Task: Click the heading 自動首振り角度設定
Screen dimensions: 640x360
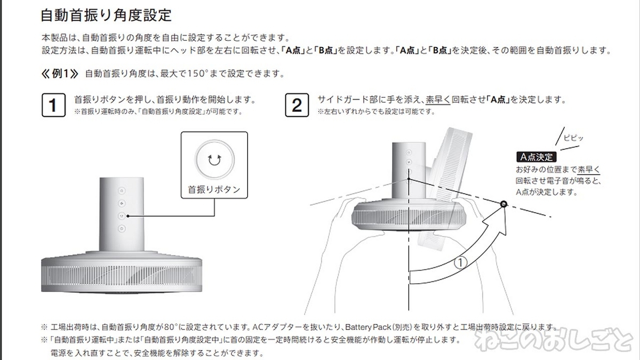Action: click(106, 15)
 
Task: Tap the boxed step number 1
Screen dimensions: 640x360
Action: click(53, 105)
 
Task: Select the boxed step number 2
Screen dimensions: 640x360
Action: click(297, 105)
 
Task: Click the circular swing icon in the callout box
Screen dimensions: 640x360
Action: click(214, 159)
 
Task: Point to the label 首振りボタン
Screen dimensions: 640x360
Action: click(214, 189)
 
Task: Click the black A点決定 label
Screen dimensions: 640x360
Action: click(537, 157)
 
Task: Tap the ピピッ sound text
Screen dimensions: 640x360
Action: click(573, 138)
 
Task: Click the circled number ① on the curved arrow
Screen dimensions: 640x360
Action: click(460, 263)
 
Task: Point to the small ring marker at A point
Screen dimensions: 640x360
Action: click(503, 204)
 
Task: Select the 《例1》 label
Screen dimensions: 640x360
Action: click(60, 74)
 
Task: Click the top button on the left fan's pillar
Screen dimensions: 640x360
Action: click(122, 191)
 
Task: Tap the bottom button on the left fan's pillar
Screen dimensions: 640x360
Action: click(122, 229)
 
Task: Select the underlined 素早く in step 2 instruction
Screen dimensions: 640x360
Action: click(438, 100)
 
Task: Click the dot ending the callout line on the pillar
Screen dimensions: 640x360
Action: click(127, 216)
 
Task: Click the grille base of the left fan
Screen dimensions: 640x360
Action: click(122, 275)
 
